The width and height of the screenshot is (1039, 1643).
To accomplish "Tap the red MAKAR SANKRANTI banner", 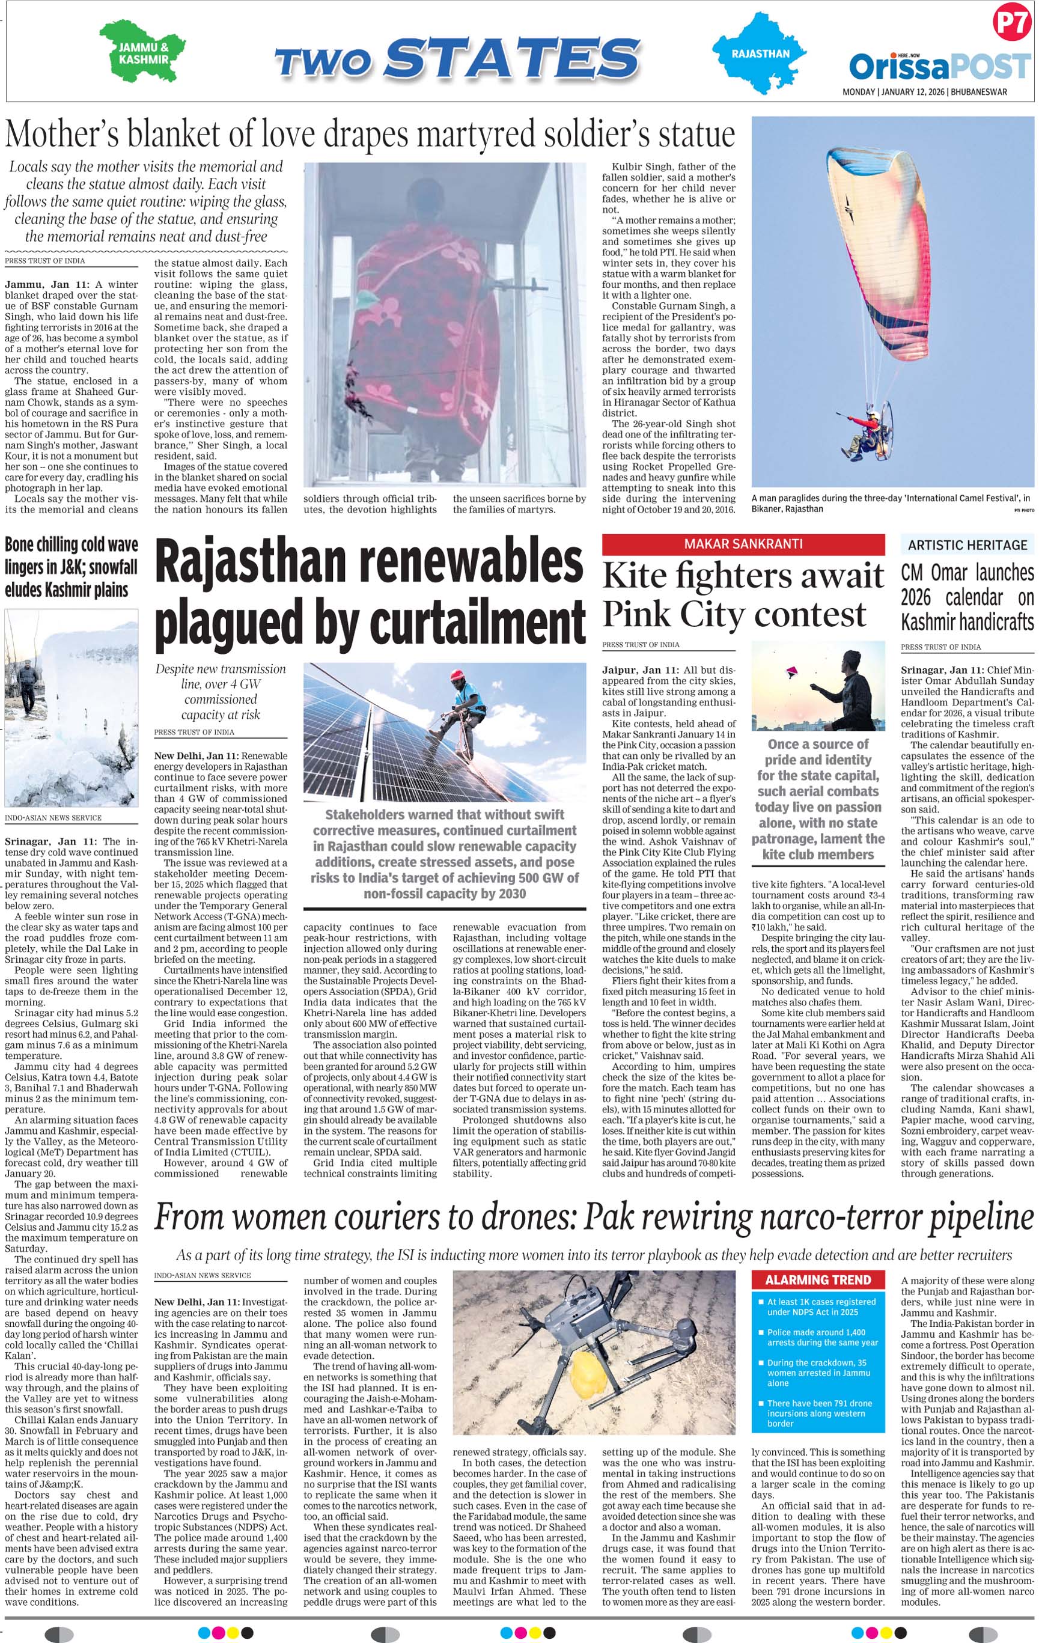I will click(x=743, y=544).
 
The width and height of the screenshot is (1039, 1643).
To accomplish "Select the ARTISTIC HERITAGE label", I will click(x=967, y=544).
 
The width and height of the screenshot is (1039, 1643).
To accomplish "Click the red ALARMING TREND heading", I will click(x=817, y=1280).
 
